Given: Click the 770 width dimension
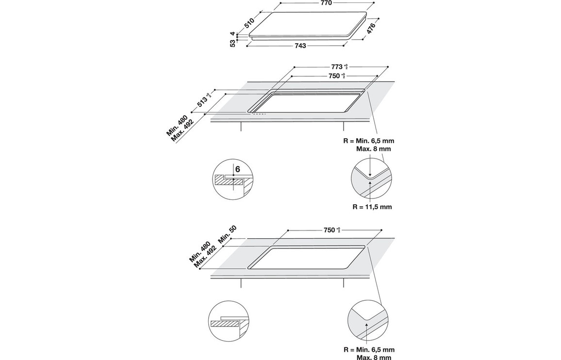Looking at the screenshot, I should click(x=326, y=3).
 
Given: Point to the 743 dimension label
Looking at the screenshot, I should click(x=300, y=46).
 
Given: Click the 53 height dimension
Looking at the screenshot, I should click(x=233, y=43).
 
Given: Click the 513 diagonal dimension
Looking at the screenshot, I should click(x=203, y=100).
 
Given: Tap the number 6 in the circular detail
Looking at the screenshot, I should click(x=237, y=170).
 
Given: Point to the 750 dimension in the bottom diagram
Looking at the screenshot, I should click(x=331, y=230).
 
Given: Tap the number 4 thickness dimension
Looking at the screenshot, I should click(x=233, y=34).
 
